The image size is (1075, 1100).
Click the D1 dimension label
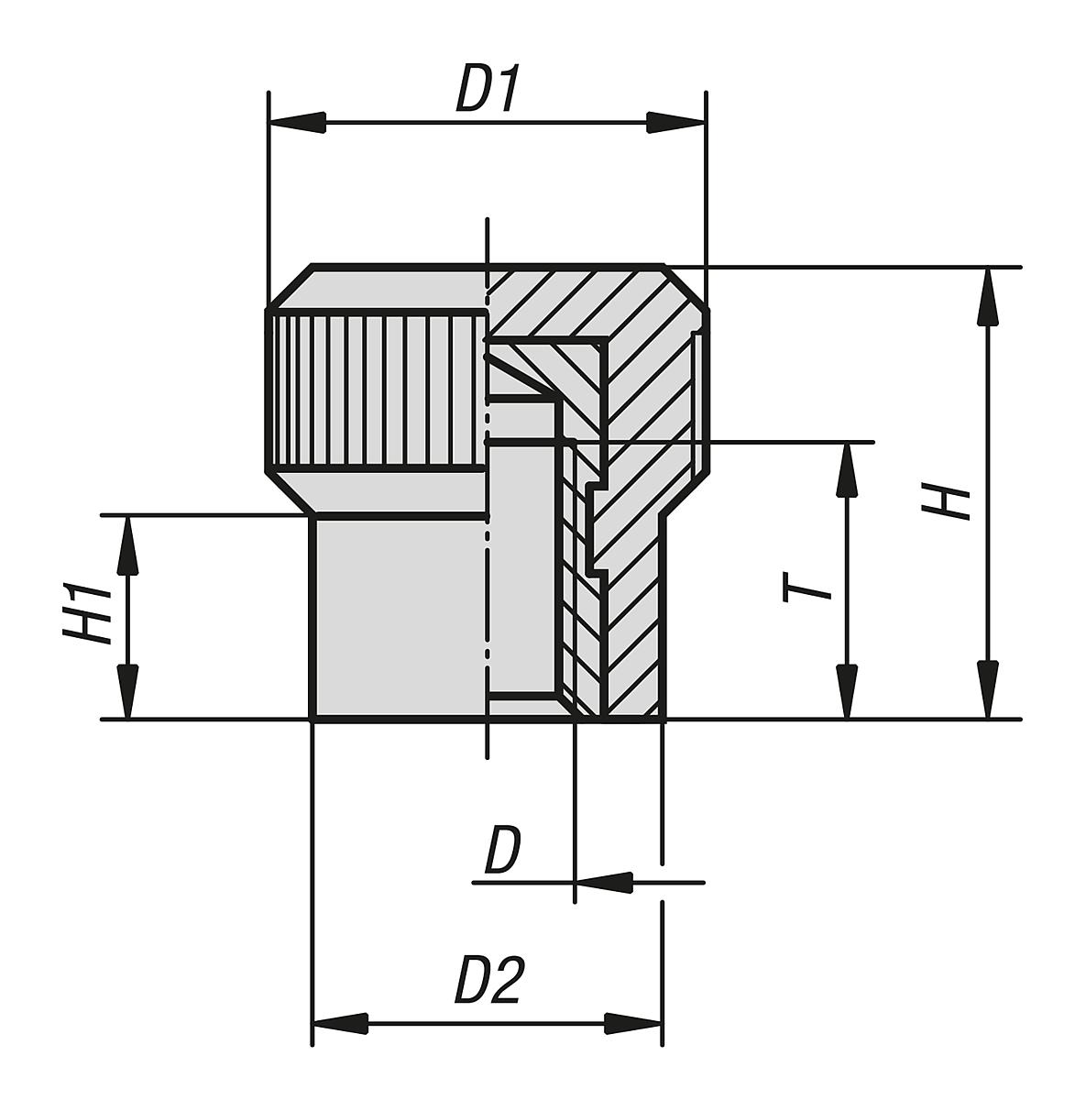pos(488,90)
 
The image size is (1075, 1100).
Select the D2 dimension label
pos(489,982)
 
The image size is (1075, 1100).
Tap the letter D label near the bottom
pos(502,852)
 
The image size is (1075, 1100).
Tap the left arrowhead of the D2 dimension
pos(341,1022)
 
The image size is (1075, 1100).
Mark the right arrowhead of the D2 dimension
pos(633,1022)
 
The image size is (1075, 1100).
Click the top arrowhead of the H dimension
pos(987,296)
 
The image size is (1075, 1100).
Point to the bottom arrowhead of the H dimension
pos(987,689)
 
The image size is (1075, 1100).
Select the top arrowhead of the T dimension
pos(848,471)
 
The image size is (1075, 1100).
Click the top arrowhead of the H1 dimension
pos(128,544)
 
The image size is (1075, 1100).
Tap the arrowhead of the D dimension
pos(604,883)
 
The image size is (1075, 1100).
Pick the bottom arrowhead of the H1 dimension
pos(128,690)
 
